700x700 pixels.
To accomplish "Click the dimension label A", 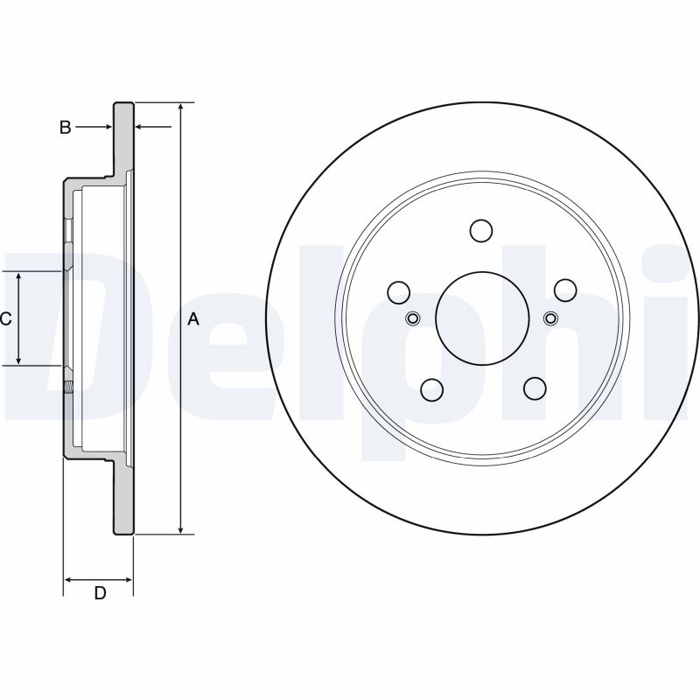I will coord(193,319).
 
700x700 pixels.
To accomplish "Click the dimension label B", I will coord(65,128).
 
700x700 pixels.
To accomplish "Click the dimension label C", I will coord(5,319).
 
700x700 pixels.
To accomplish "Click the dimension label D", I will coord(100,593).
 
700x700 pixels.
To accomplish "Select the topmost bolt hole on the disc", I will coord(481,230).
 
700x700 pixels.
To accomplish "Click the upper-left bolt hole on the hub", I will coord(399,290).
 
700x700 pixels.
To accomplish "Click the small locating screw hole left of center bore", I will coord(413,318).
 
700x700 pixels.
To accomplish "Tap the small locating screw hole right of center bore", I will coord(550,318).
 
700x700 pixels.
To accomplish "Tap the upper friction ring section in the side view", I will coord(123,140).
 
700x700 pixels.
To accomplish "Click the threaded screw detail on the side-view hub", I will coord(68,382).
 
